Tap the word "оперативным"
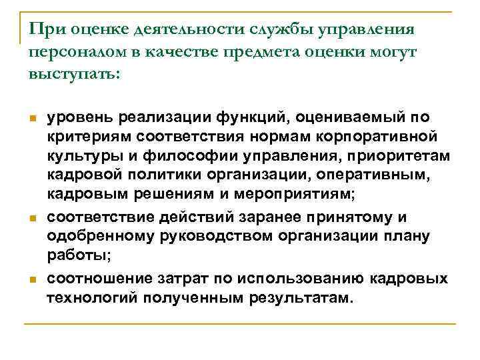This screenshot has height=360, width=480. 375,175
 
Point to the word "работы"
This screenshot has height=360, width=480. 73,256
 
